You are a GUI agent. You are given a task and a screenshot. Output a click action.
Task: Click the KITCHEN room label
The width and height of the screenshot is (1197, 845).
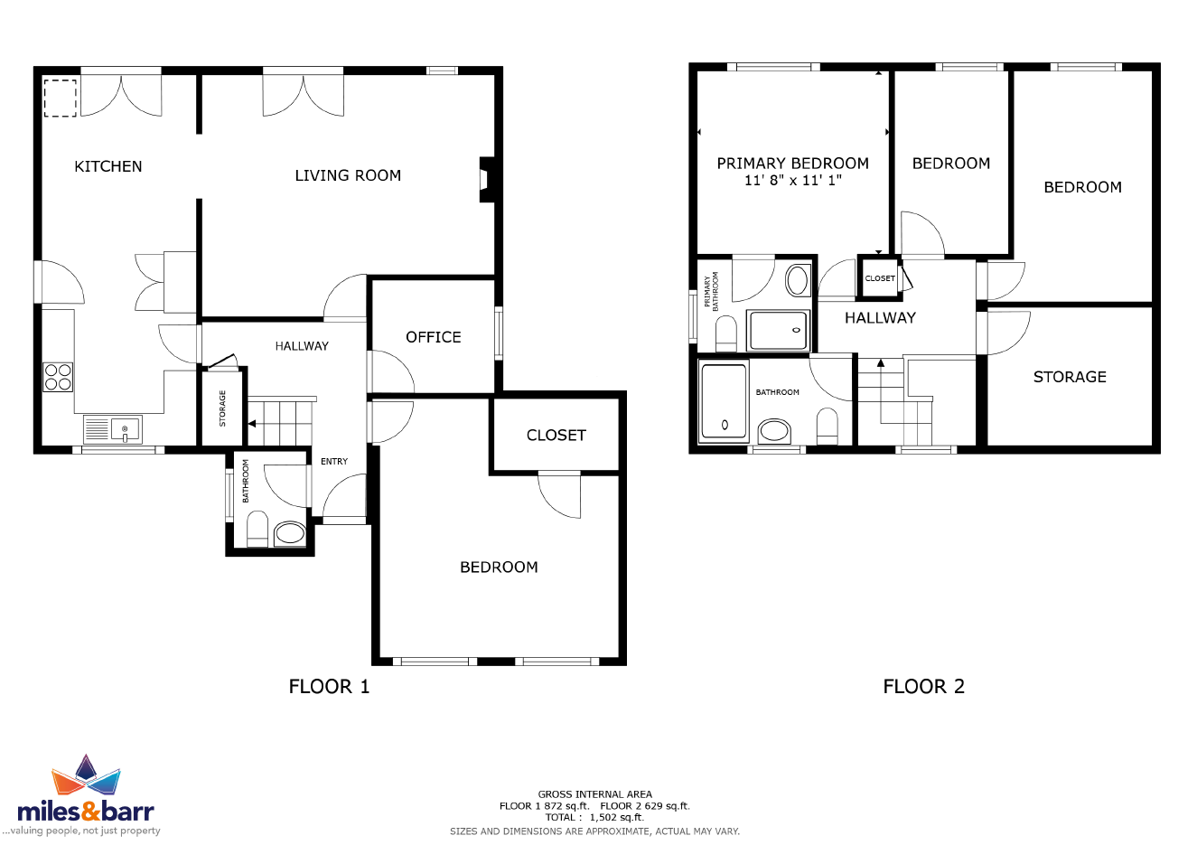(x=108, y=167)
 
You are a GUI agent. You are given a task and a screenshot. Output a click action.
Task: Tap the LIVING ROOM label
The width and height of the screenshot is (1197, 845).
(x=348, y=176)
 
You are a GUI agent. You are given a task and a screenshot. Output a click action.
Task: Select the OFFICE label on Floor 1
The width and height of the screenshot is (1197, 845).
(x=434, y=337)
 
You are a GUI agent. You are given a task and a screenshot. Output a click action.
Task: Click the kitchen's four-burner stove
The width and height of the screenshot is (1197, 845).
(x=58, y=377)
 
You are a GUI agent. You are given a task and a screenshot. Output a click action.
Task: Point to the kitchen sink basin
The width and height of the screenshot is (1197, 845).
(x=125, y=429)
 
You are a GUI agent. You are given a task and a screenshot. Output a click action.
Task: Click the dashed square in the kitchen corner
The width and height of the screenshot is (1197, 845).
(x=60, y=98)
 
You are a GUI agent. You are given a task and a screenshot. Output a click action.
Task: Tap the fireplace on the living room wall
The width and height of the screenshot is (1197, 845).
(x=487, y=180)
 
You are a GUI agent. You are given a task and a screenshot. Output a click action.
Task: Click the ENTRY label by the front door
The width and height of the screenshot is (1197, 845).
(x=334, y=461)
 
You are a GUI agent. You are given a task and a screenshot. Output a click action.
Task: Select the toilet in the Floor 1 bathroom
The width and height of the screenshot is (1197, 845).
(x=257, y=529)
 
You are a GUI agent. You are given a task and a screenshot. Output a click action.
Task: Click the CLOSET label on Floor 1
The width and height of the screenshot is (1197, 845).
(x=556, y=436)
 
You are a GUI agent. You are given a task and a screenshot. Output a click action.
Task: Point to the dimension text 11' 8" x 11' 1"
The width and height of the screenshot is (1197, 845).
(x=793, y=181)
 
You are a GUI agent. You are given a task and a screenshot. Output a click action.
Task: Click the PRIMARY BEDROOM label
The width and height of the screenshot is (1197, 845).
(x=793, y=164)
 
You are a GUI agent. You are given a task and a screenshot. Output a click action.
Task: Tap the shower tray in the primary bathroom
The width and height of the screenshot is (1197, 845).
(x=778, y=330)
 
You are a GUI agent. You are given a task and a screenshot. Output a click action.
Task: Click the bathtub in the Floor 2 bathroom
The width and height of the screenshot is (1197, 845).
(x=725, y=401)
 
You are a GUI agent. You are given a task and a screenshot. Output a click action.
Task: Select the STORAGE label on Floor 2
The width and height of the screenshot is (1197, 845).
(x=1070, y=378)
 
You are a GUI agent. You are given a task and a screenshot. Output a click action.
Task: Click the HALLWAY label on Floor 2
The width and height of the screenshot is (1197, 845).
(x=880, y=318)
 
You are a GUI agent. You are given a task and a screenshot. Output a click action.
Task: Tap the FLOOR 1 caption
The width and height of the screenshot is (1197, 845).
(x=329, y=687)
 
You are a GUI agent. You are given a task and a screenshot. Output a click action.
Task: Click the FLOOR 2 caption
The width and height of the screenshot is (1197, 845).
(x=924, y=687)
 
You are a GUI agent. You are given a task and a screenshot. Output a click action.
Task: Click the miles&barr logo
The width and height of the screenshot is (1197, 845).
(x=86, y=794)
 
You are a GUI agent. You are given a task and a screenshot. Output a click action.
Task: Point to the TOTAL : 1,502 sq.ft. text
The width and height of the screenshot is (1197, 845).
(x=594, y=817)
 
